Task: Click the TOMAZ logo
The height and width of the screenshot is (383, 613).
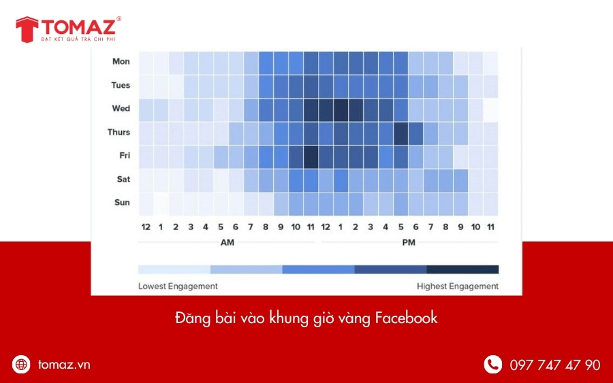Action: click(68, 30)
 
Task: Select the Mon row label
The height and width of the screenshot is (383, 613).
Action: click(121, 62)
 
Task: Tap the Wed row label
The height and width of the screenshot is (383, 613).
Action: click(121, 109)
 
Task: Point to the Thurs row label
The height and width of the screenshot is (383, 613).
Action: click(119, 133)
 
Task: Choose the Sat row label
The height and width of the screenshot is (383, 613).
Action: click(123, 180)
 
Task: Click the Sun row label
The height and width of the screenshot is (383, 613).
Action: click(122, 203)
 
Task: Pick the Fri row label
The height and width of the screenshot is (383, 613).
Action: click(124, 156)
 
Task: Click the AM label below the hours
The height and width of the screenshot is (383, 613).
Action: click(227, 242)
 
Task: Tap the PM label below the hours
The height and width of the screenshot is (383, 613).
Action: click(409, 242)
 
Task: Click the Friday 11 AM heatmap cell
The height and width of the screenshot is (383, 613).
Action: click(311, 156)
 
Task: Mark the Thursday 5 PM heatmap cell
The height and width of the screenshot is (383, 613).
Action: click(400, 133)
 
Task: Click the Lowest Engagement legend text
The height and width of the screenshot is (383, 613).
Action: click(178, 286)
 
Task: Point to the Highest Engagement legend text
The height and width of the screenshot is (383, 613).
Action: click(458, 286)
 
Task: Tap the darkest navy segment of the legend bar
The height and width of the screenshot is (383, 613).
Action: click(462, 269)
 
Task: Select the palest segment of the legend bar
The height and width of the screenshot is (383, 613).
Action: click(174, 269)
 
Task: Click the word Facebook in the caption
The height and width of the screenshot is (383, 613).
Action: click(406, 318)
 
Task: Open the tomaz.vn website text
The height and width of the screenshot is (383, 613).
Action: click(64, 365)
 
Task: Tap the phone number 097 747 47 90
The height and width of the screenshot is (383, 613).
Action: click(555, 365)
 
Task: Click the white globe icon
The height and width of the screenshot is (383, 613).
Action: click(22, 365)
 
